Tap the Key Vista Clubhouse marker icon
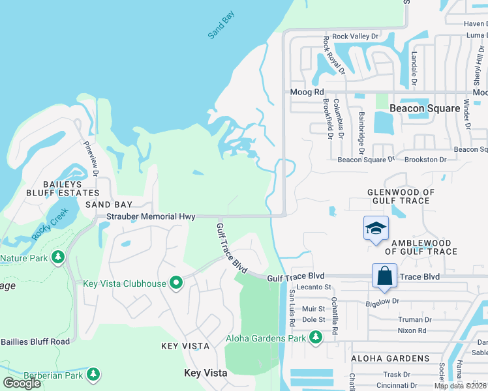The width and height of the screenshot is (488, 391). (x=175, y=283)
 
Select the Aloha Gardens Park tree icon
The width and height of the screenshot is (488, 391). (x=316, y=338)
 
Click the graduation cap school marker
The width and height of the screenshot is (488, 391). (x=376, y=228)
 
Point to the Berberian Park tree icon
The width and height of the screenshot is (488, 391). (x=94, y=374)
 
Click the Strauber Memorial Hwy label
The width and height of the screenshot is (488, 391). (x=151, y=216)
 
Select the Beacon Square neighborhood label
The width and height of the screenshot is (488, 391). (x=424, y=109)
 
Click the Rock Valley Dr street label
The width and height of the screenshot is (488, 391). (x=355, y=36)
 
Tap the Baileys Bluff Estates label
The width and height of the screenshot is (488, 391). (x=63, y=188)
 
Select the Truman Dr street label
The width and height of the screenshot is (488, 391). (x=414, y=320)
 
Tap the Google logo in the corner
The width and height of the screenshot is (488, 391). (x=22, y=383)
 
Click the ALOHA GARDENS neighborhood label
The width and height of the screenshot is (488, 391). (x=390, y=358)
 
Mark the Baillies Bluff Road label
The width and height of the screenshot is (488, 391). (x=35, y=341)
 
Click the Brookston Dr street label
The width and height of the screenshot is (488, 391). (x=425, y=159)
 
